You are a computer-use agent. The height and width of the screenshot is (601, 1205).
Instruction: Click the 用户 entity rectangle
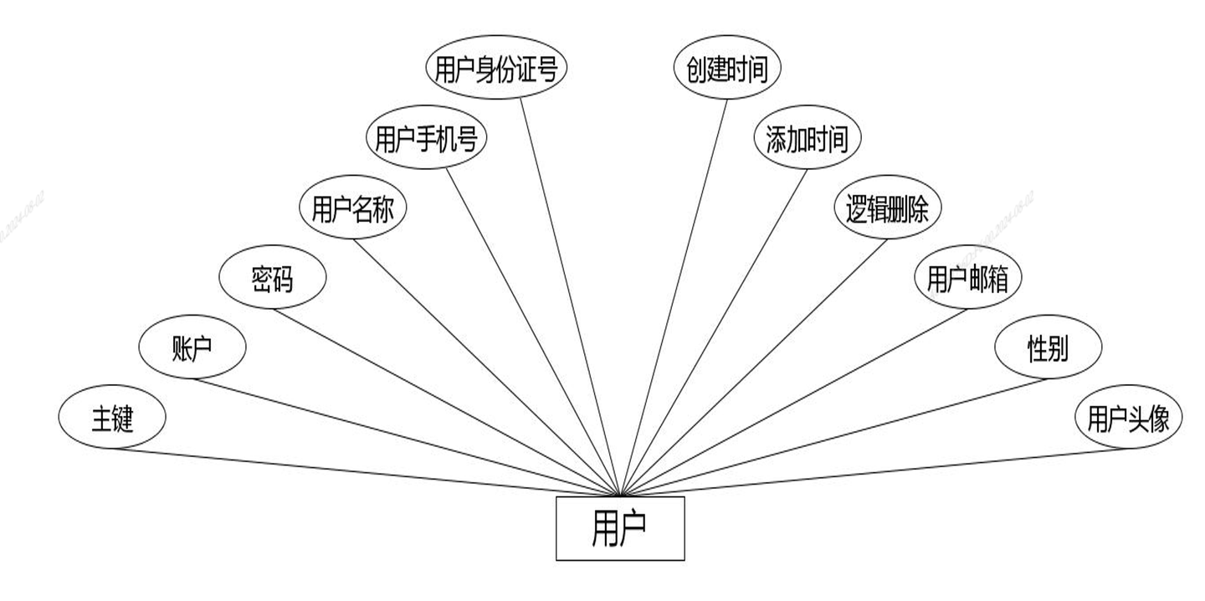point(620,528)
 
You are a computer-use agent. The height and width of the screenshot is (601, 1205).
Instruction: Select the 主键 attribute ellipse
point(112,418)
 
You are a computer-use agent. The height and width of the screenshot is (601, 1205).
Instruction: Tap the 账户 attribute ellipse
point(192,348)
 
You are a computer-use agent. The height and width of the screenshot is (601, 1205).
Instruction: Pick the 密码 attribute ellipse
point(272,280)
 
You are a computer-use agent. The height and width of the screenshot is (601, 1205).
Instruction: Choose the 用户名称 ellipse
point(352,209)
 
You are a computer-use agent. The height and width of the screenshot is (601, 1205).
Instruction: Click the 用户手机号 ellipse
point(426,139)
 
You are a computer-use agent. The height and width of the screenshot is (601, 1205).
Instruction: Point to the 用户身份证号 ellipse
point(496,69)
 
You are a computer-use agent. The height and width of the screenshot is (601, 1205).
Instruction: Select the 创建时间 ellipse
point(727,69)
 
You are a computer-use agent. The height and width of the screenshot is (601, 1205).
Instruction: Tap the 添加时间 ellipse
point(808,139)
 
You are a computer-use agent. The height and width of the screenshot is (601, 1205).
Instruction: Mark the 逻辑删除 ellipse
point(888,209)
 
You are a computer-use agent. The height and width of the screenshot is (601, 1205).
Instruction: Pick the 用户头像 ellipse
point(1128,418)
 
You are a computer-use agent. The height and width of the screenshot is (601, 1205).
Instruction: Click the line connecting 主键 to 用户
point(366,471)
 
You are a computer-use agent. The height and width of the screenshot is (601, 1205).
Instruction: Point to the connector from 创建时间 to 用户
point(674,296)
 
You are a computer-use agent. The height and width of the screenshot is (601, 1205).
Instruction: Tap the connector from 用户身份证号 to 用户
point(570,296)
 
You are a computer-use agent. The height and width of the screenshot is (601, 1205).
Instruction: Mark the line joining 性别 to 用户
point(833,437)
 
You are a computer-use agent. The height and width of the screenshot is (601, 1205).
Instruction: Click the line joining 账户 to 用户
point(407,437)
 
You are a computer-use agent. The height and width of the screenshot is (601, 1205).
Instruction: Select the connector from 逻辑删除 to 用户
point(753,367)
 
